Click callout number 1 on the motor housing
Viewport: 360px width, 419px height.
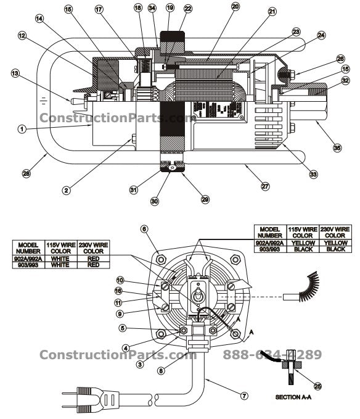pos(22,130)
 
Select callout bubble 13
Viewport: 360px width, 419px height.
pos(14,73)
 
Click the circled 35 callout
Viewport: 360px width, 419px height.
pos(336,148)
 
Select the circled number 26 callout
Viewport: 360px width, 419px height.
pos(340,59)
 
